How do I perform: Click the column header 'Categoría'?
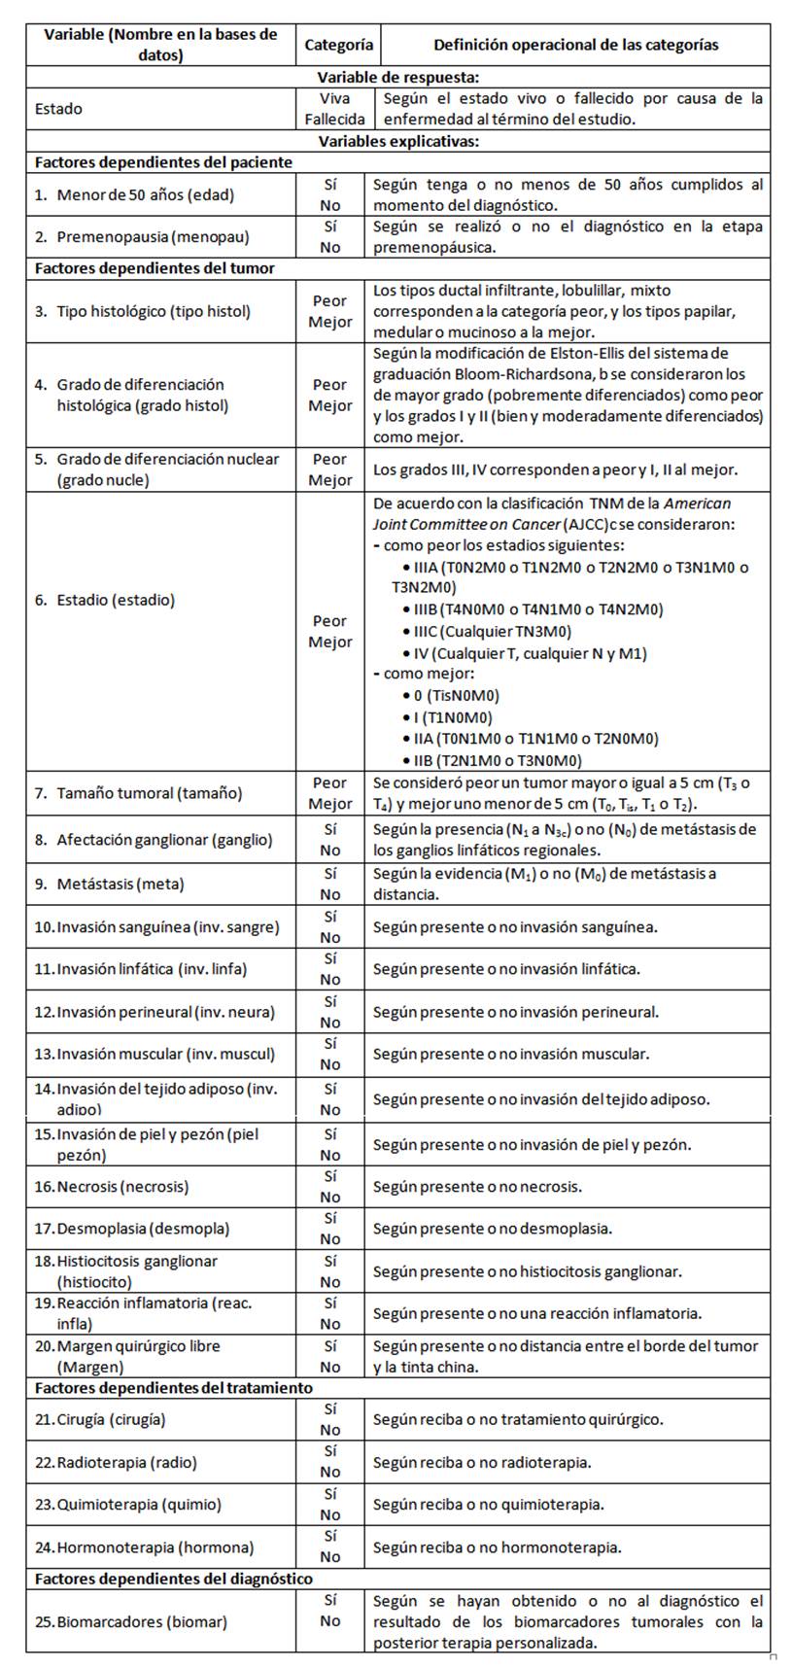point(338,45)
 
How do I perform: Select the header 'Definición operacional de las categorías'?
point(575,45)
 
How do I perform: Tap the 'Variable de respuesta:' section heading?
point(398,77)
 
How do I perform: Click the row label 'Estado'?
point(59,109)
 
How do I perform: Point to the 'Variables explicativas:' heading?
point(398,141)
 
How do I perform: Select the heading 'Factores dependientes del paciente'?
point(163,162)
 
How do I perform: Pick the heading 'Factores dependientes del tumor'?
point(155,268)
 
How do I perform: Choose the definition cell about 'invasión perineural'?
point(515,1012)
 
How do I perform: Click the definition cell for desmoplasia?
point(493,1229)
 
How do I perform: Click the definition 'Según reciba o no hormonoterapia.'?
point(497,1546)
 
